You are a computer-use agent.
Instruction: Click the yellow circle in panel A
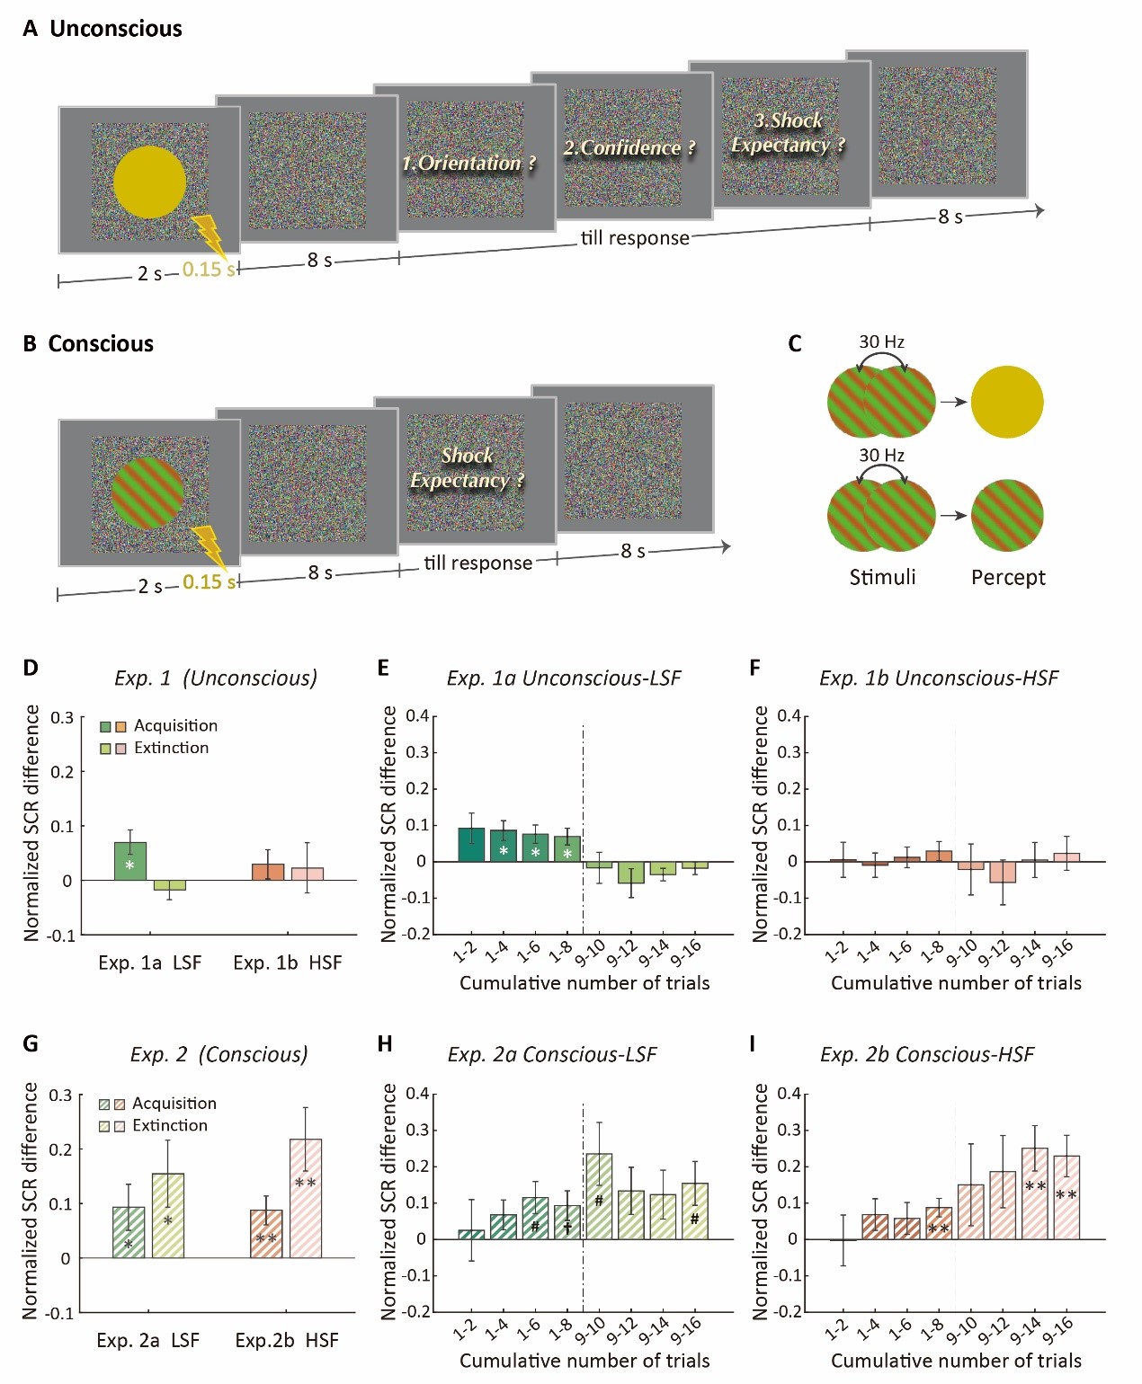point(149,182)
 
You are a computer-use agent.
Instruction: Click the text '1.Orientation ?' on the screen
point(468,163)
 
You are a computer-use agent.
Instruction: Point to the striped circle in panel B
point(147,492)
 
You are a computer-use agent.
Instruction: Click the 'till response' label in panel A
point(635,238)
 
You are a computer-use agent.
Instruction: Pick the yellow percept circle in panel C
point(1007,402)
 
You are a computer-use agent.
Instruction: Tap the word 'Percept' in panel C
point(1008,577)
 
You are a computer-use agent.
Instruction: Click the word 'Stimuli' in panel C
point(882,577)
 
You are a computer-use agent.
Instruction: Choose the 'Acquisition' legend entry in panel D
point(175,725)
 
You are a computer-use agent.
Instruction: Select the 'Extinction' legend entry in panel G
point(169,1125)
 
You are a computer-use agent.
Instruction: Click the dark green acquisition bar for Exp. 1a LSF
point(130,861)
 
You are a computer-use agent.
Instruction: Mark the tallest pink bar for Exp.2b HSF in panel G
point(306,1198)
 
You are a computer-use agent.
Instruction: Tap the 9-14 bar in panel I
point(1034,1193)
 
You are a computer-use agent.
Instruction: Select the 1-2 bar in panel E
point(471,845)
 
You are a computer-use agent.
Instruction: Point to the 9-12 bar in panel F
point(1003,872)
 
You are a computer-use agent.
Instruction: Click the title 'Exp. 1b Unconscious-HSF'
point(939,678)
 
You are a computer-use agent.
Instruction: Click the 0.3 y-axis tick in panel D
point(62,717)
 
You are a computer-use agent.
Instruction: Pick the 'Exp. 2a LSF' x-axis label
point(148,1340)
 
